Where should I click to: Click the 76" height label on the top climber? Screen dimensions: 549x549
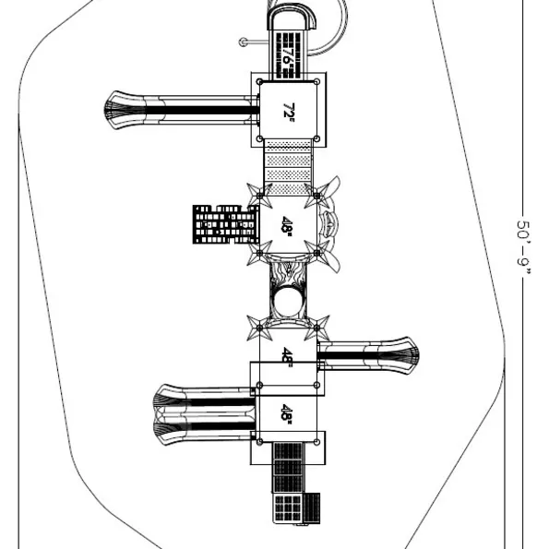(x=288, y=55)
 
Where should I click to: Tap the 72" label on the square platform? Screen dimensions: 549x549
(x=289, y=112)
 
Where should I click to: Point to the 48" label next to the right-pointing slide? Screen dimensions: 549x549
(x=288, y=357)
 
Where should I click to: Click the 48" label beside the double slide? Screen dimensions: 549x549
(x=287, y=414)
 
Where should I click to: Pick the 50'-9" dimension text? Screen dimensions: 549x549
(x=523, y=247)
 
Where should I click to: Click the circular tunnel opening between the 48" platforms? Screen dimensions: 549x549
(x=288, y=302)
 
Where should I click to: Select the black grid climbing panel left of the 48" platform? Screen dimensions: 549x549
(x=225, y=224)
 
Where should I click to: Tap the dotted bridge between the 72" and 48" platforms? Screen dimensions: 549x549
(x=288, y=167)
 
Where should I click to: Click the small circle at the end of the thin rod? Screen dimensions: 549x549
(x=243, y=42)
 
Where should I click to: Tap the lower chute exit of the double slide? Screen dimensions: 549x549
(x=171, y=430)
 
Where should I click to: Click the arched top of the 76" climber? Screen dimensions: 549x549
(x=292, y=17)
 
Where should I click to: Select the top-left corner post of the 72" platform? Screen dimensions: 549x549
(x=259, y=82)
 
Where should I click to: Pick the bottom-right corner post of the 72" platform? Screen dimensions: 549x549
(x=316, y=138)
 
